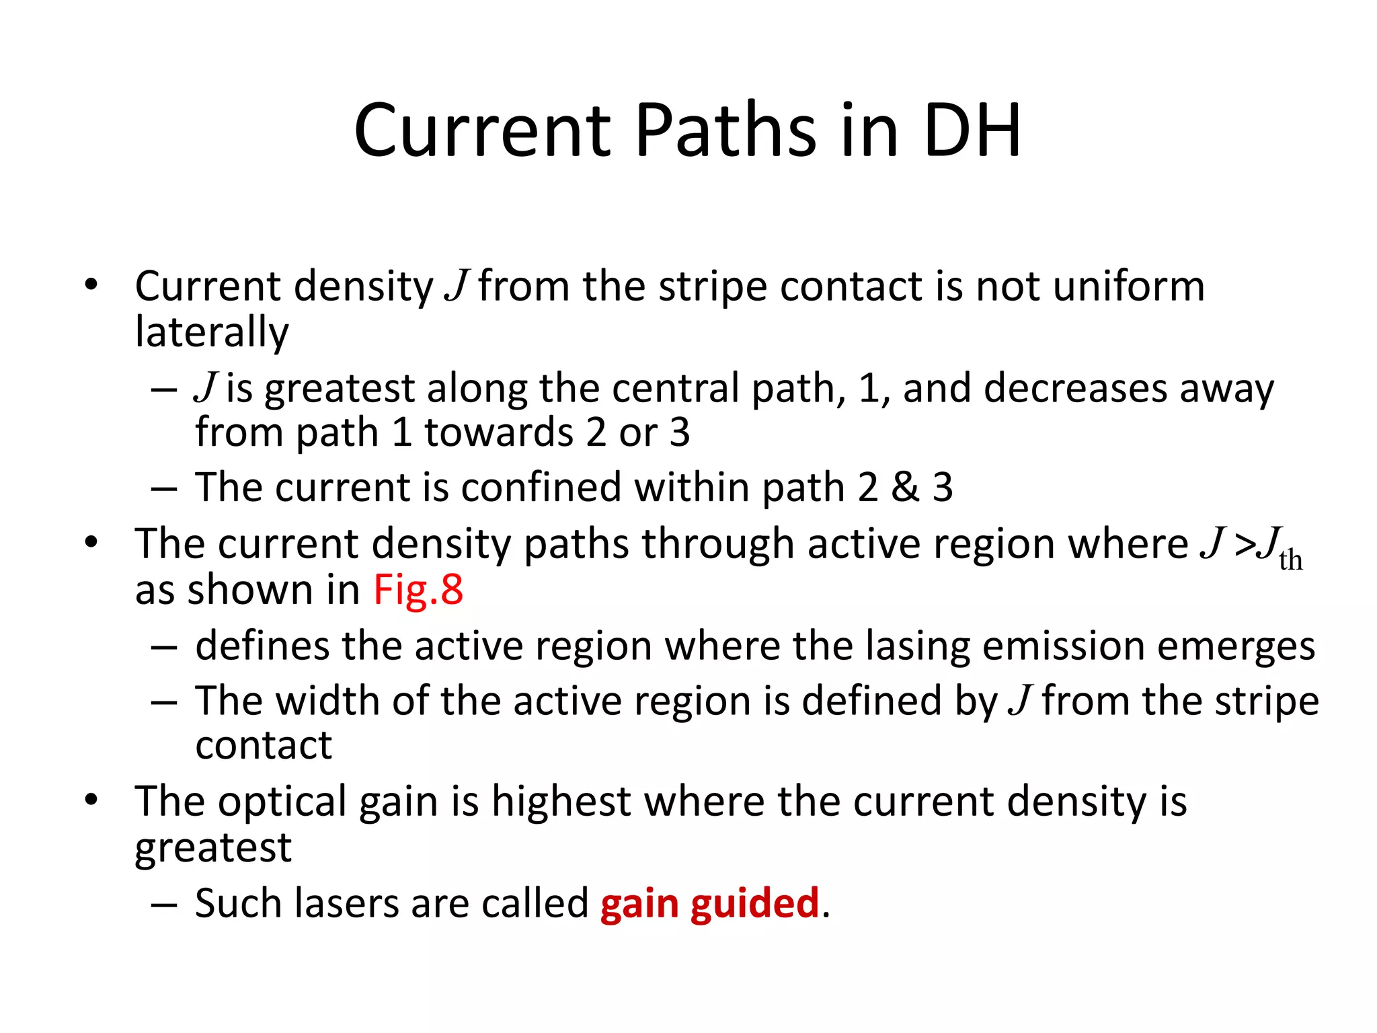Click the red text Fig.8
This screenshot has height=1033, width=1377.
click(x=418, y=590)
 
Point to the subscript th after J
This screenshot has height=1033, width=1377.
click(x=1290, y=560)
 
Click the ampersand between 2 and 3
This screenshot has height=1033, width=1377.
click(x=904, y=487)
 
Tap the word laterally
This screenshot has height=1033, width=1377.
click(x=212, y=332)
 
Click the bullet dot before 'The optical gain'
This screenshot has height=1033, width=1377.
click(x=91, y=800)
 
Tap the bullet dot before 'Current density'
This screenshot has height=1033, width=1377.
click(x=91, y=284)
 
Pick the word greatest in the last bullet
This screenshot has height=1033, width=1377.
click(x=212, y=847)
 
